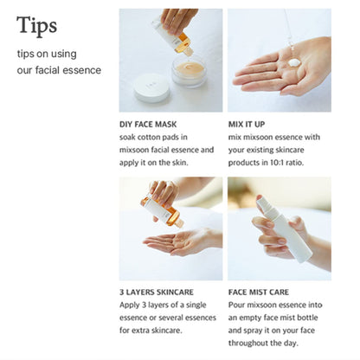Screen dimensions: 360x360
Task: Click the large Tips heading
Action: (x=37, y=26)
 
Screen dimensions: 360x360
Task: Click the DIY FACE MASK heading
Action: (x=152, y=123)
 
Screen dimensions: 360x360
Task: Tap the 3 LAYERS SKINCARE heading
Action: (x=160, y=292)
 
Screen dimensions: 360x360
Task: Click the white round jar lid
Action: (x=151, y=86)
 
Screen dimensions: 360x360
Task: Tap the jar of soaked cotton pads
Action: (x=190, y=70)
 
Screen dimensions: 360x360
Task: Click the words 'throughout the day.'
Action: (x=263, y=340)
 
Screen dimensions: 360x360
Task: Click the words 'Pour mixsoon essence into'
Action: (x=276, y=305)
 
